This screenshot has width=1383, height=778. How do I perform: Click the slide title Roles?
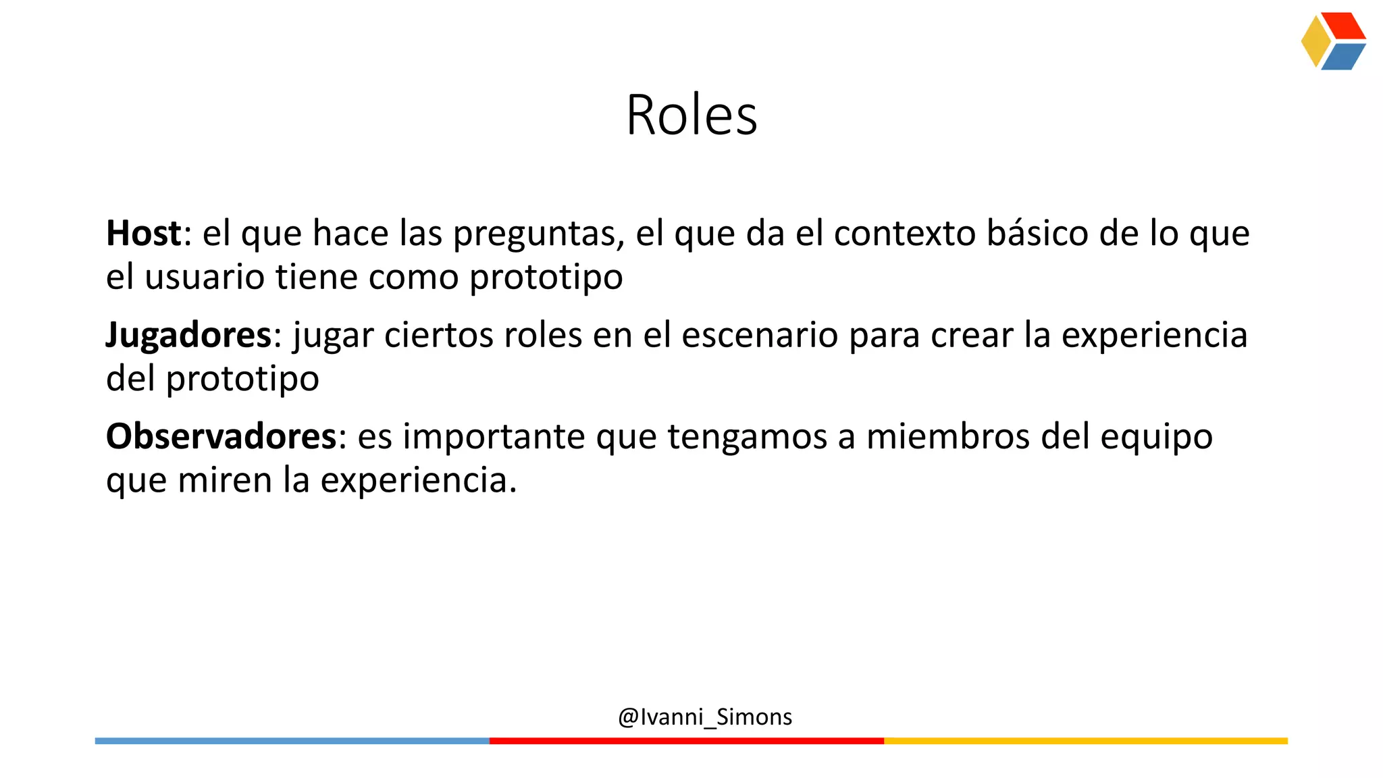pos(691,115)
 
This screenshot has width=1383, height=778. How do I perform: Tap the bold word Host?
pos(144,233)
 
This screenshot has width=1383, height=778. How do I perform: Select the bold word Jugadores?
pos(188,335)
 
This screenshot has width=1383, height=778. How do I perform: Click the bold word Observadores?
pos(221,436)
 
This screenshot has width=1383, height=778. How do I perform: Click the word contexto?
pos(905,233)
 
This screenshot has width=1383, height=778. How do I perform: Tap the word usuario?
pos(204,277)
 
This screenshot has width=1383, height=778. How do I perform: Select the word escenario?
pos(760,335)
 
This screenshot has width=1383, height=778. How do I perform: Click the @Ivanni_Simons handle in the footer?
pos(704,717)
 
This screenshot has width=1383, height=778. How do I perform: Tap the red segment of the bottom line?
pos(686,741)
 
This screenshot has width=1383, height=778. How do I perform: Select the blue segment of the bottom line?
pos(292,741)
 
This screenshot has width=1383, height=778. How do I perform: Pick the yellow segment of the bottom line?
pos(1085,741)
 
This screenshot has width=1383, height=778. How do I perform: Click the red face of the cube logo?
pos(1343,26)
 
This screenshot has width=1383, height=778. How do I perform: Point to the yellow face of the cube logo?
pos(1315,42)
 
